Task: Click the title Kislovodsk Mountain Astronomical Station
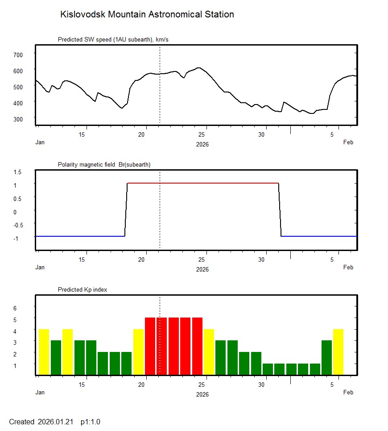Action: pyautogui.click(x=147, y=15)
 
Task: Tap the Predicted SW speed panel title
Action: pyautogui.click(x=113, y=40)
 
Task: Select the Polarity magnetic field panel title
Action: pyautogui.click(x=104, y=165)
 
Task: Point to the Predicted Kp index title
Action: pyautogui.click(x=83, y=290)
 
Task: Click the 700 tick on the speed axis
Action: pyautogui.click(x=17, y=54)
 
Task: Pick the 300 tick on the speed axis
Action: pyautogui.click(x=17, y=119)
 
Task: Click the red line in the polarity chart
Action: pyautogui.click(x=203, y=183)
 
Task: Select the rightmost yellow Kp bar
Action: pyautogui.click(x=338, y=352)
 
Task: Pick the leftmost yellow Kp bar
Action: pyautogui.click(x=44, y=352)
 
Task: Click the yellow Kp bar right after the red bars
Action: pyautogui.click(x=209, y=352)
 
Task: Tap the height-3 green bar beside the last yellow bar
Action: pyautogui.click(x=326, y=357)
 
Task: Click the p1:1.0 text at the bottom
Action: pyautogui.click(x=91, y=422)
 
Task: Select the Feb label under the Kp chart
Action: pyautogui.click(x=348, y=393)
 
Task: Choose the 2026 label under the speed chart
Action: pyautogui.click(x=202, y=144)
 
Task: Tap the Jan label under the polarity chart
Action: pyautogui.click(x=40, y=268)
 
